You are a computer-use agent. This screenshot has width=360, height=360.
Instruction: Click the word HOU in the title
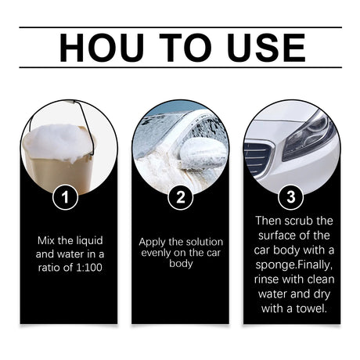[99, 49]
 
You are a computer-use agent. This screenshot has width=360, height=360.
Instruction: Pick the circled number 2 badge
[181, 197]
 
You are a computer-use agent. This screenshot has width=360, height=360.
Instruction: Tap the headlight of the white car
[308, 128]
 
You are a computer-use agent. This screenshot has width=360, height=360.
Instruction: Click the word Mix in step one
[45, 239]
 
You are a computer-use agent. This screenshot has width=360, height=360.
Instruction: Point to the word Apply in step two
[153, 241]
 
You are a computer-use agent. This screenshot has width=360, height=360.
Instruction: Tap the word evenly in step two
[156, 253]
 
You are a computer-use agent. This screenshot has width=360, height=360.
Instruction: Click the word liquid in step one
[88, 239]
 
